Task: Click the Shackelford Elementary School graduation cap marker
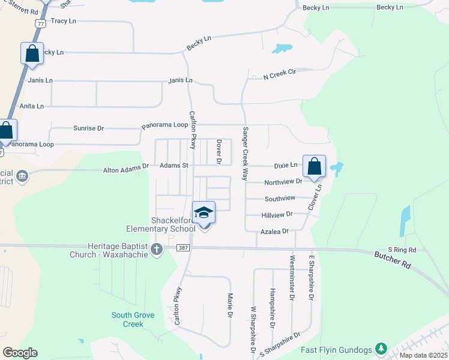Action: [x=204, y=212]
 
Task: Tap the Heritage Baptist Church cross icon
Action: [x=157, y=249]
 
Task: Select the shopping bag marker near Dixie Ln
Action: [x=315, y=167]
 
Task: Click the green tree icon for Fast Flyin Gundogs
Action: [x=380, y=349]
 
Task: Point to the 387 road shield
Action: [x=184, y=248]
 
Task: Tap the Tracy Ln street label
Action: [x=64, y=21]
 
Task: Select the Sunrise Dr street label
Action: [x=88, y=128]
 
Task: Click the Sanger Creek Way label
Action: [x=245, y=154]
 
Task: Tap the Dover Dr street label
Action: [x=220, y=152]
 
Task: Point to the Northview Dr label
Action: [x=283, y=181]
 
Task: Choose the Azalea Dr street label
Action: [x=275, y=230]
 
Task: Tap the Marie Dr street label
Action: [x=230, y=305]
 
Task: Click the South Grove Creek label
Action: [x=133, y=319]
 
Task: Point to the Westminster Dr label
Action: [x=292, y=278]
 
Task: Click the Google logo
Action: [x=20, y=353]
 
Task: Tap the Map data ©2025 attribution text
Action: [x=423, y=355]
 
